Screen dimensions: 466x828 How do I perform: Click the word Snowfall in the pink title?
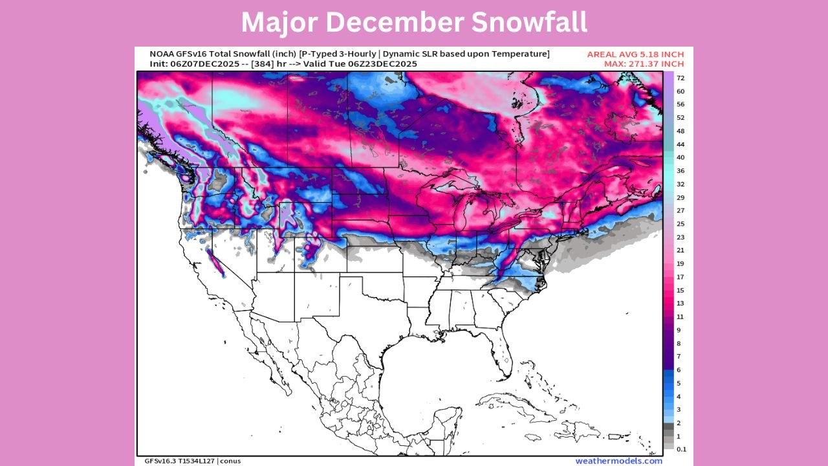[528, 23]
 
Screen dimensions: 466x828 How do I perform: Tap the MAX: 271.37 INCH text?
[637, 64]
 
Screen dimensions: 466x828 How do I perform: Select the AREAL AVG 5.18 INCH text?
[635, 54]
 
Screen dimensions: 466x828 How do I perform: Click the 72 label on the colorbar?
[681, 78]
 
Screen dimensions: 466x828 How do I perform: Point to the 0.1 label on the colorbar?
[682, 449]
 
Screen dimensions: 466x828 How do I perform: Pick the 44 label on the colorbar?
[681, 144]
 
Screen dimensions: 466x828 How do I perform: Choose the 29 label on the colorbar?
[681, 197]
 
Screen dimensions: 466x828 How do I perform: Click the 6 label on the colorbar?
[679, 370]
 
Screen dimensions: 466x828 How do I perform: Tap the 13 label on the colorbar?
[681, 304]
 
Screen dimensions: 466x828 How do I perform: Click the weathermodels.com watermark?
[619, 461]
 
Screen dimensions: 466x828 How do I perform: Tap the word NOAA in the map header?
[162, 54]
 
